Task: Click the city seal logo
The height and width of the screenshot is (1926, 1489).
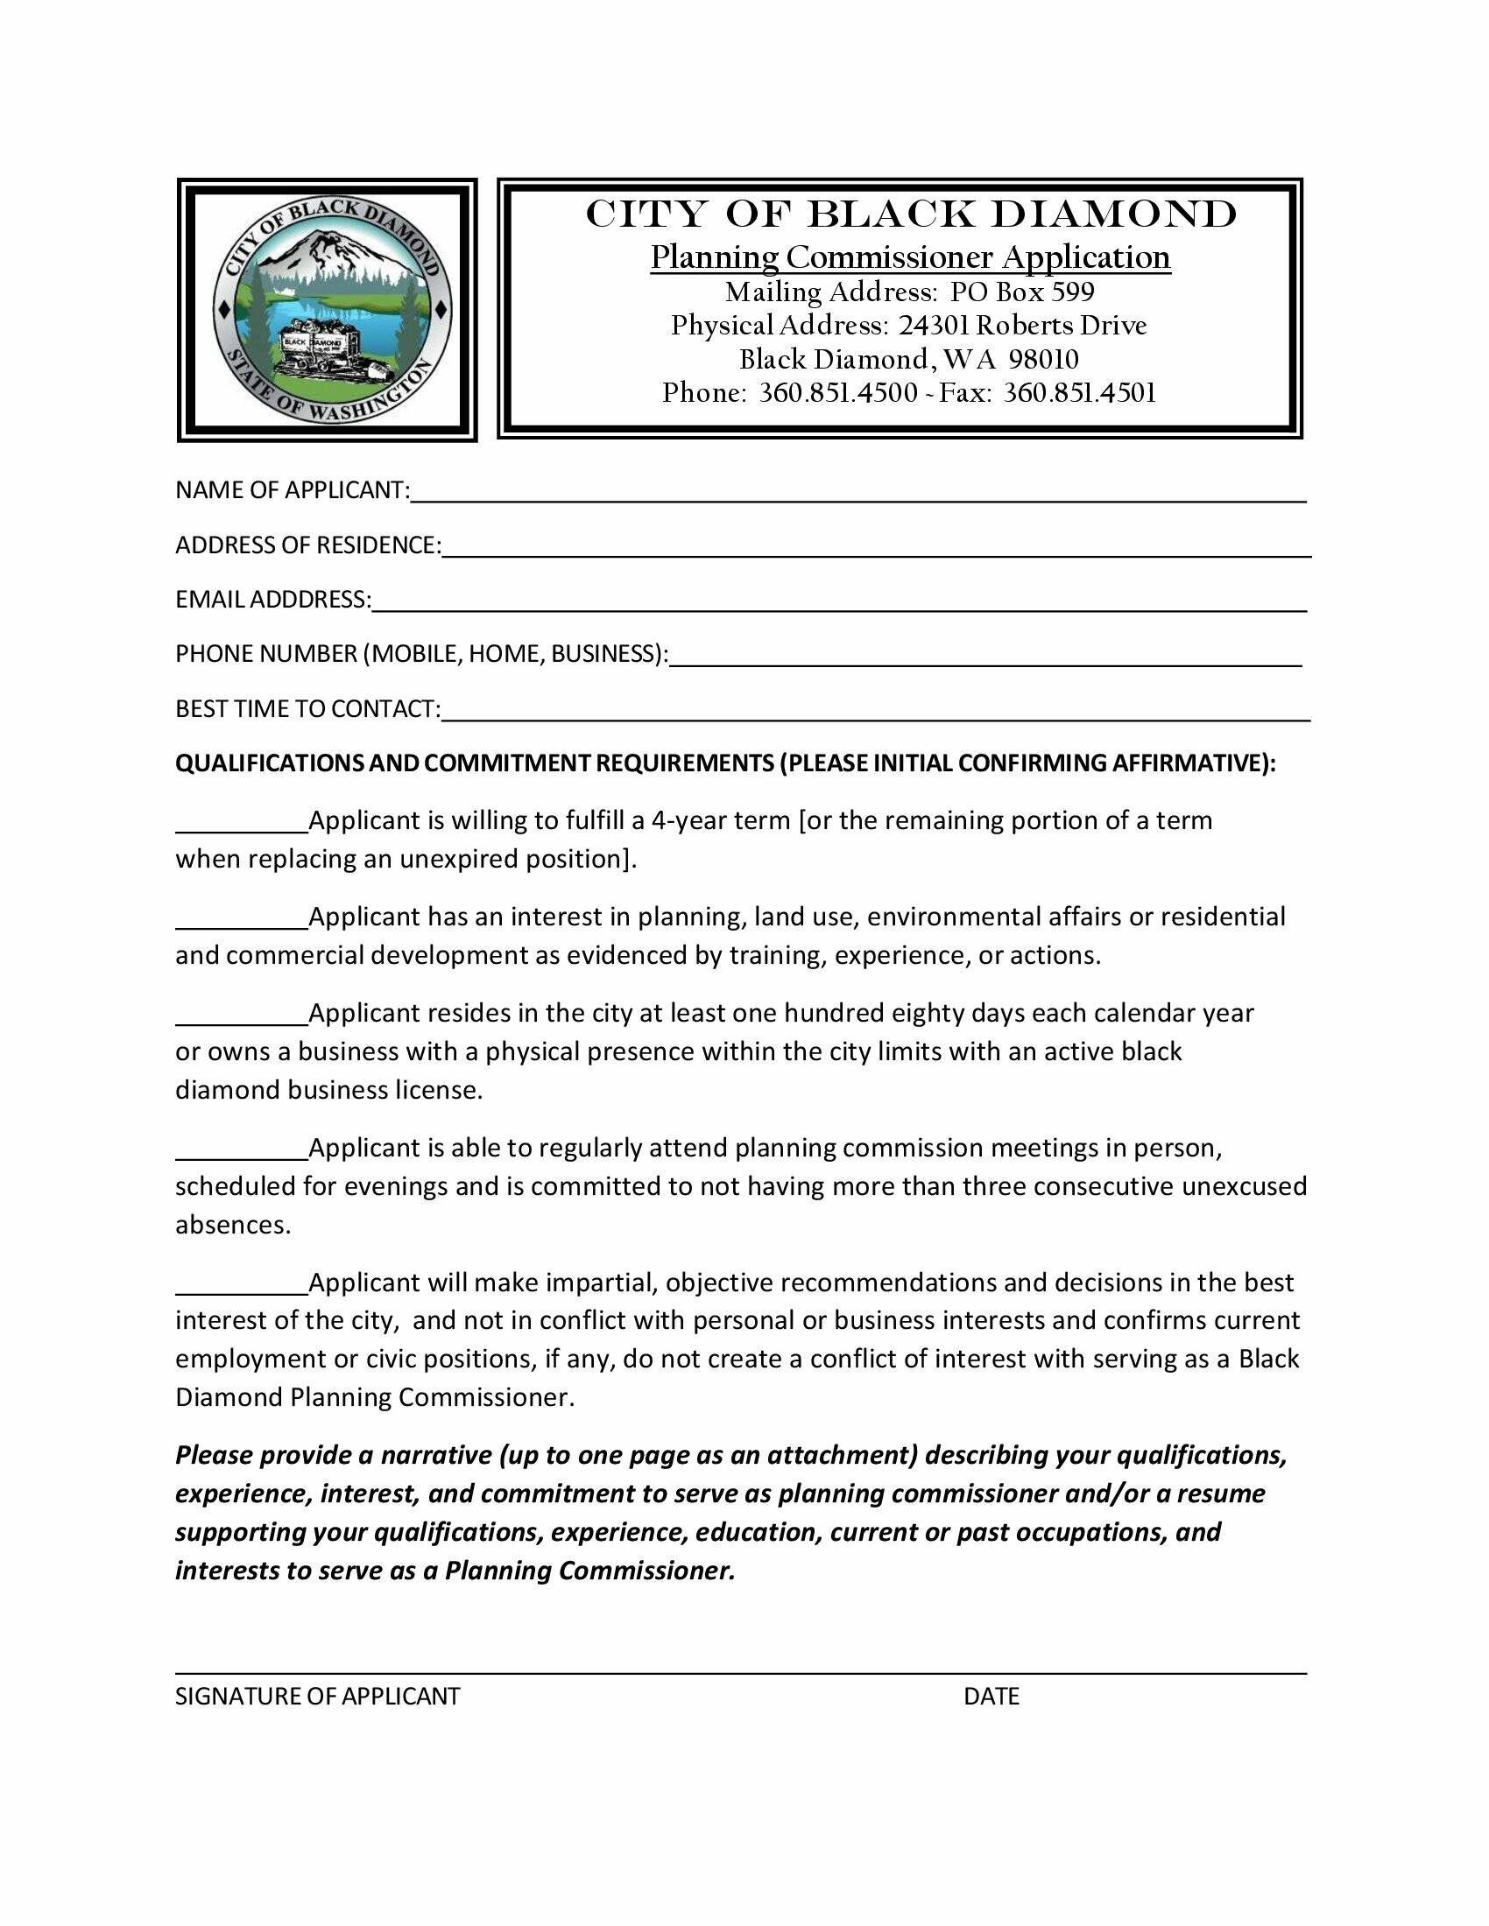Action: point(328,310)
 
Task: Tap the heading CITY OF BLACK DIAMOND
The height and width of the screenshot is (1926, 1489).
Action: point(911,214)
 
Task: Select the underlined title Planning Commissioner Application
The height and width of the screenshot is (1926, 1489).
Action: point(910,257)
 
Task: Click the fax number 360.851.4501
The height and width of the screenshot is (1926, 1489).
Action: point(1080,392)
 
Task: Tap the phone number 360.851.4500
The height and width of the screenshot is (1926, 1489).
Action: point(838,392)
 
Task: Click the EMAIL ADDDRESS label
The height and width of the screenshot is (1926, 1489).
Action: point(272,600)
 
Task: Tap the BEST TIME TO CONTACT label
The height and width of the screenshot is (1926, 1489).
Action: point(307,709)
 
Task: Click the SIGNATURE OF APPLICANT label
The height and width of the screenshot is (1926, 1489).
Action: point(318,1696)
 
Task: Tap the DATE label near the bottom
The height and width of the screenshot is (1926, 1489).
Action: point(991,1696)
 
